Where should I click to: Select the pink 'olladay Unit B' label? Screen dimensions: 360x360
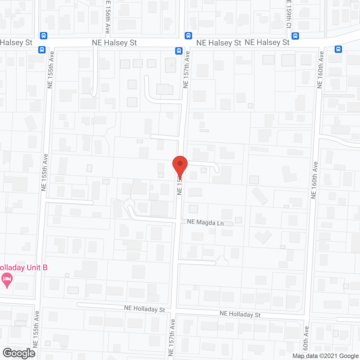pyautogui.click(x=24, y=267)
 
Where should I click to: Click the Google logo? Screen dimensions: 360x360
pyautogui.click(x=19, y=353)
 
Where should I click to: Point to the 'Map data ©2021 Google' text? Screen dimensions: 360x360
pyautogui.click(x=326, y=356)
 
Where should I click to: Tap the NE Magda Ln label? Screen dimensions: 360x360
pyautogui.click(x=205, y=222)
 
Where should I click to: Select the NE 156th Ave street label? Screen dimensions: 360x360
pyautogui.click(x=107, y=17)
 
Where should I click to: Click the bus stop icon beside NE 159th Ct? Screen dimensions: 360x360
pyautogui.click(x=295, y=36)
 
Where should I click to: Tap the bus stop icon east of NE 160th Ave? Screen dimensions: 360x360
pyautogui.click(x=338, y=49)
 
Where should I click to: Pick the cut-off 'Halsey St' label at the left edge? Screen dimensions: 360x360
pyautogui.click(x=16, y=43)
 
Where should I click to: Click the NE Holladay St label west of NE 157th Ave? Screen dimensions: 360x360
pyautogui.click(x=145, y=309)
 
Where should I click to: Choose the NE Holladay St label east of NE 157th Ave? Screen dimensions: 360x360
pyautogui.click(x=240, y=314)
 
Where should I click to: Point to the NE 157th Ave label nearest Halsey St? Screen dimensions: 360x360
pyautogui.click(x=186, y=69)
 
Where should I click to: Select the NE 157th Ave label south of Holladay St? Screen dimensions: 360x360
pyautogui.click(x=172, y=337)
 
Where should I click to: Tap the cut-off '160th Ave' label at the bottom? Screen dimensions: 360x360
pyautogui.click(x=306, y=342)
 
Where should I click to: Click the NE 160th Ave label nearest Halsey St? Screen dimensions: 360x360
pyautogui.click(x=320, y=70)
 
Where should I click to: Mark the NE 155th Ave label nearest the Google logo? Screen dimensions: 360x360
pyautogui.click(x=36, y=329)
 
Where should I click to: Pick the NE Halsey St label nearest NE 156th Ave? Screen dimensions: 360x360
pyautogui.click(x=114, y=43)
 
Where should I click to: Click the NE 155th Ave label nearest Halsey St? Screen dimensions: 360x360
pyautogui.click(x=50, y=70)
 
